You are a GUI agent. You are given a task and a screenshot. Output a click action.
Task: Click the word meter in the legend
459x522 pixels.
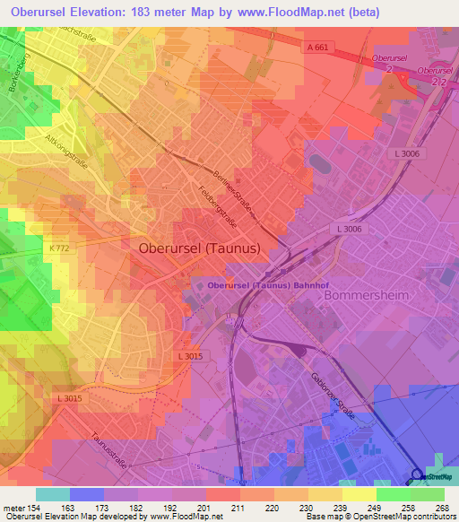[15, 508]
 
